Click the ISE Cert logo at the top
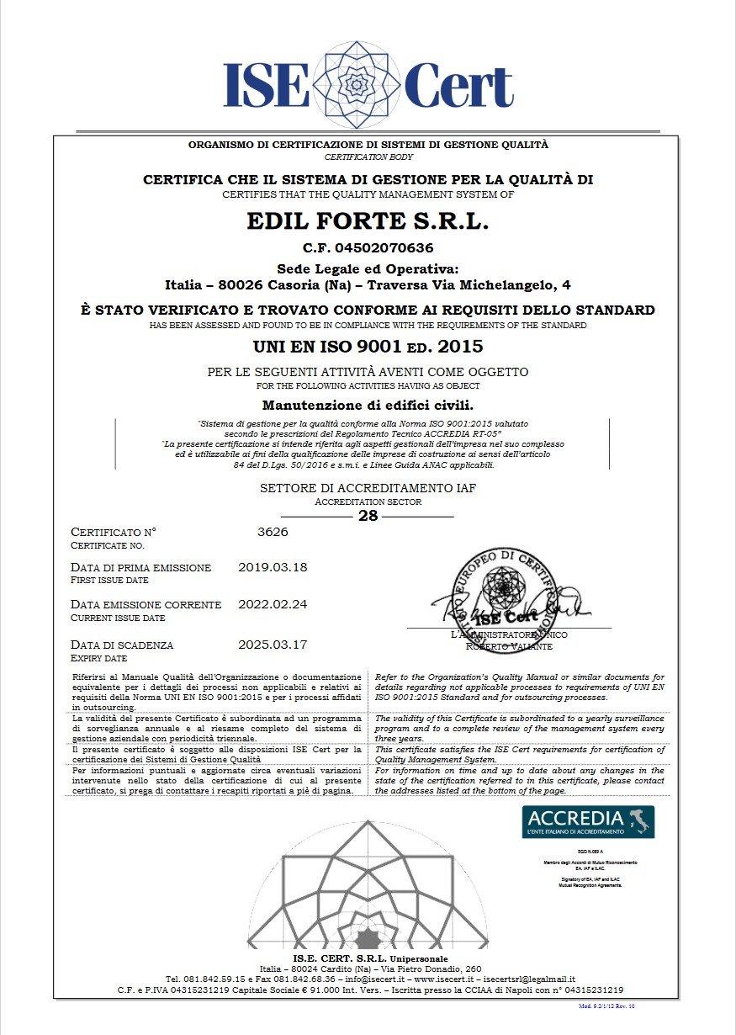pyautogui.click(x=368, y=84)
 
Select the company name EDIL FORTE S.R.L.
pyautogui.click(x=368, y=221)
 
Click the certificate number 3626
pyautogui.click(x=272, y=532)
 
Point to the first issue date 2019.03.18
pyautogui.click(x=273, y=567)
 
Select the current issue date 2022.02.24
pyautogui.click(x=273, y=604)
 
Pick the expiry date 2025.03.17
pyautogui.click(x=273, y=645)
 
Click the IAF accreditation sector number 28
pyautogui.click(x=368, y=516)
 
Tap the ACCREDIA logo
pyautogui.click(x=588, y=821)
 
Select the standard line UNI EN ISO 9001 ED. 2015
pyautogui.click(x=368, y=346)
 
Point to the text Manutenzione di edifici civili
pyautogui.click(x=368, y=406)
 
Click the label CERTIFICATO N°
pyautogui.click(x=114, y=532)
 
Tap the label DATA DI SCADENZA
pyautogui.click(x=122, y=645)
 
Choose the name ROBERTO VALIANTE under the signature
pyautogui.click(x=509, y=646)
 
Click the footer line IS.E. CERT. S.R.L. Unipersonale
pyautogui.click(x=370, y=958)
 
